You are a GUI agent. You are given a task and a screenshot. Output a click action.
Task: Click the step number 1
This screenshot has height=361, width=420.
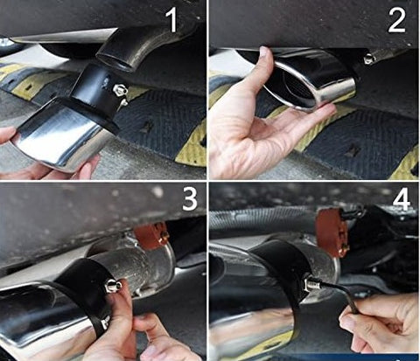coord(172,19)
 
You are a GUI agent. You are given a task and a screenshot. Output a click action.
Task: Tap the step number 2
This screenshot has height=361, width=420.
coord(396,19)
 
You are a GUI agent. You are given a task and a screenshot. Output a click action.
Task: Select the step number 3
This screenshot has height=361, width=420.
coord(190,198)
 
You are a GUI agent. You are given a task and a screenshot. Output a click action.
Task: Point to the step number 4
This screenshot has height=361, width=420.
coord(401,199)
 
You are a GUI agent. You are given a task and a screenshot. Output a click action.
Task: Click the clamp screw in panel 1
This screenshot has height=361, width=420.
coord(121,93)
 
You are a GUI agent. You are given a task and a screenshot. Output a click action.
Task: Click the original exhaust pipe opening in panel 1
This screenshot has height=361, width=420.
coord(115,59)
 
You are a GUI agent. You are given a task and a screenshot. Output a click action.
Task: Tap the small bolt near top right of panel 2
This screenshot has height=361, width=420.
coord(370,59)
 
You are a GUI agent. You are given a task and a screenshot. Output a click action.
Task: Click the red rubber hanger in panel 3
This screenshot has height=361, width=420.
coord(151,235)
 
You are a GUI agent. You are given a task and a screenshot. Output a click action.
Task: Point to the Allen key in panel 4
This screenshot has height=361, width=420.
coord(339,295)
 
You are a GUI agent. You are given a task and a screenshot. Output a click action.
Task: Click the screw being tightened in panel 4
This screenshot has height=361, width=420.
coord(312,284)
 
